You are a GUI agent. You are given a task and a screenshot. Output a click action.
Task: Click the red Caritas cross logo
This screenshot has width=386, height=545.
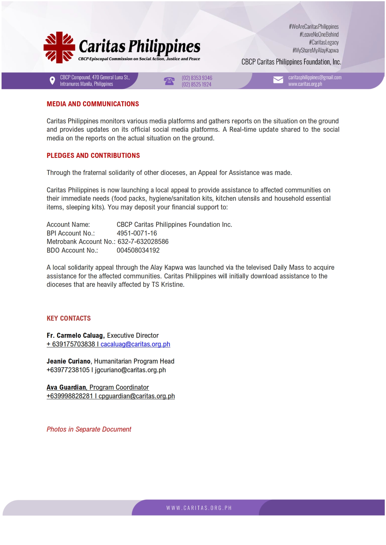pyautogui.click(x=59, y=48)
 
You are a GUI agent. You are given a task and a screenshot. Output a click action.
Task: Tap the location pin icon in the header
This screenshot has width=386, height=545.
pyautogui.click(x=52, y=81)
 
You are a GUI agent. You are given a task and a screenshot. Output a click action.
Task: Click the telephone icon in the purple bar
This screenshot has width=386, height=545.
pyautogui.click(x=169, y=81)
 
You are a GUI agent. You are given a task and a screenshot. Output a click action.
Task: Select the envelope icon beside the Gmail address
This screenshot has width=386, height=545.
pyautogui.click(x=278, y=80)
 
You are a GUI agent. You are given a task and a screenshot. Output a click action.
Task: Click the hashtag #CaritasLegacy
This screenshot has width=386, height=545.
pyautogui.click(x=323, y=42)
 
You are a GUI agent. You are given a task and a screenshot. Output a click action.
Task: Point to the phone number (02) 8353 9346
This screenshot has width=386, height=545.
pyautogui.click(x=197, y=78)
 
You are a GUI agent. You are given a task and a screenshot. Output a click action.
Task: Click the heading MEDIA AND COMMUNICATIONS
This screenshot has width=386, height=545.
pyautogui.click(x=93, y=104)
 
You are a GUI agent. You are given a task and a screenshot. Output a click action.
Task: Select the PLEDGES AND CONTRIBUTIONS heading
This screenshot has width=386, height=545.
pyautogui.click(x=93, y=156)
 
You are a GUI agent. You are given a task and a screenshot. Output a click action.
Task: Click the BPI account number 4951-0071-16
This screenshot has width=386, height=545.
pyautogui.click(x=137, y=233)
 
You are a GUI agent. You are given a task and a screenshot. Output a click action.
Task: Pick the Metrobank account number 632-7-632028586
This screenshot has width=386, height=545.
pyautogui.click(x=143, y=242)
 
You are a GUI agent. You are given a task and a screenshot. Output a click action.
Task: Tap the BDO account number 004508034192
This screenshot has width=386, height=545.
pyautogui.click(x=138, y=250)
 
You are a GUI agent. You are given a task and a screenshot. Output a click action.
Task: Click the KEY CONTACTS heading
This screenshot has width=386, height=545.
pyautogui.click(x=69, y=318)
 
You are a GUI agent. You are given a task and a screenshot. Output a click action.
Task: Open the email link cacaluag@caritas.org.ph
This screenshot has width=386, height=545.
pyautogui.click(x=135, y=344)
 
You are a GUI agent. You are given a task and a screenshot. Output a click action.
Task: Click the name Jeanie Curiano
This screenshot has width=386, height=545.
pyautogui.click(x=68, y=361)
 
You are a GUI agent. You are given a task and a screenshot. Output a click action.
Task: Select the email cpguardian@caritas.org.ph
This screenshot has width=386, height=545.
pyautogui.click(x=137, y=396)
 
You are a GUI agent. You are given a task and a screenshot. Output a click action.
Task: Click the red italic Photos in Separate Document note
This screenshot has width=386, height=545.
pyautogui.click(x=89, y=429)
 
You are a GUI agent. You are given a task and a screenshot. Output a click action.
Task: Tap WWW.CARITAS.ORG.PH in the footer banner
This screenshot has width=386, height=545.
pyautogui.click(x=199, y=508)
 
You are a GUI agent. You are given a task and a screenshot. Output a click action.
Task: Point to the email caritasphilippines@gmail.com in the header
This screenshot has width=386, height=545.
pyautogui.click(x=315, y=77)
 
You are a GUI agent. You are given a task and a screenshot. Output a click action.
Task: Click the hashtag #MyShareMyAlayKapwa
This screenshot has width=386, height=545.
pyautogui.click(x=315, y=50)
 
